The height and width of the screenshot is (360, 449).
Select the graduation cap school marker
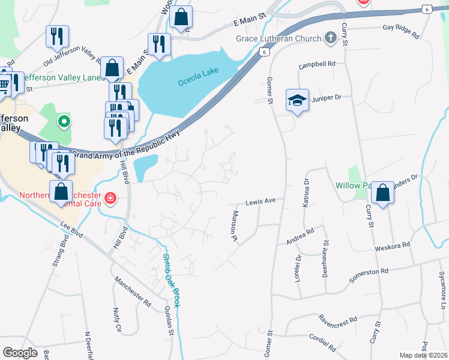[x=297, y=101]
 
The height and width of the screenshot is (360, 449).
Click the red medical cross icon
[x=110, y=197]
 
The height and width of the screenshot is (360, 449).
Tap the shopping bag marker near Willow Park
[x=381, y=193]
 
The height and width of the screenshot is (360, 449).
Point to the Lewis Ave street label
[x=260, y=203]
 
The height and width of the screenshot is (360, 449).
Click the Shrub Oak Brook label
[x=172, y=279]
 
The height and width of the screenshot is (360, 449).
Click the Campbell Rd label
[x=318, y=64]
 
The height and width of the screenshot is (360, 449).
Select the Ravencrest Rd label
[x=338, y=319]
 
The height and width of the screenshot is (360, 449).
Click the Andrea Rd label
[x=300, y=233]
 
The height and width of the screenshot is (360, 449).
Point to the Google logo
[x=20, y=352]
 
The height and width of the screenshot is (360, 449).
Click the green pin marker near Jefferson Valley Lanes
[x=64, y=122]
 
